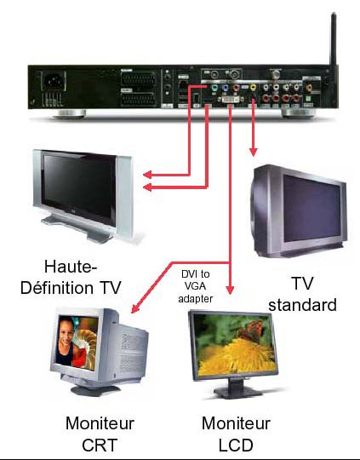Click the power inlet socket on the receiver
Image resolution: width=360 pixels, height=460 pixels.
54,81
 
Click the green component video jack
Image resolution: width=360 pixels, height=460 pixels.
214,88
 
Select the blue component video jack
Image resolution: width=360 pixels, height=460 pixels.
226,88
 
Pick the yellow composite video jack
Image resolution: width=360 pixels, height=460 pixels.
253,87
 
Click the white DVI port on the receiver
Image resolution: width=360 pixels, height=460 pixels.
231,100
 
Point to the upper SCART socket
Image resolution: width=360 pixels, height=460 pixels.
138,79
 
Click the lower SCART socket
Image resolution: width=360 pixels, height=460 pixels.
138,99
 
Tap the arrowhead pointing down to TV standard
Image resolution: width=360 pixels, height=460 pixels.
254,152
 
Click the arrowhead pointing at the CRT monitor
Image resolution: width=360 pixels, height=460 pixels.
135,309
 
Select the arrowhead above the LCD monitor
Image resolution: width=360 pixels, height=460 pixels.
230,290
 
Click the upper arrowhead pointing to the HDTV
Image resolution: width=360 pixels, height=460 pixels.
147,175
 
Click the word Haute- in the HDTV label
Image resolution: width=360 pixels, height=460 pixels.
71,267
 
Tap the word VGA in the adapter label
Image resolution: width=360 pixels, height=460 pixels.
195,286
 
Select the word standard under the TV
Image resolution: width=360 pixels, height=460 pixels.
302,305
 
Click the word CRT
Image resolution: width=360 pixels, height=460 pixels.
100,445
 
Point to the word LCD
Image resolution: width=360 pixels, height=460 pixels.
236,445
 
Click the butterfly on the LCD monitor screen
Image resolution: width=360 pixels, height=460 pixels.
250,331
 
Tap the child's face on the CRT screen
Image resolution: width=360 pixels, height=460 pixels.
66,331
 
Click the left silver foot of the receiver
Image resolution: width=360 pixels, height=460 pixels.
70,113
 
